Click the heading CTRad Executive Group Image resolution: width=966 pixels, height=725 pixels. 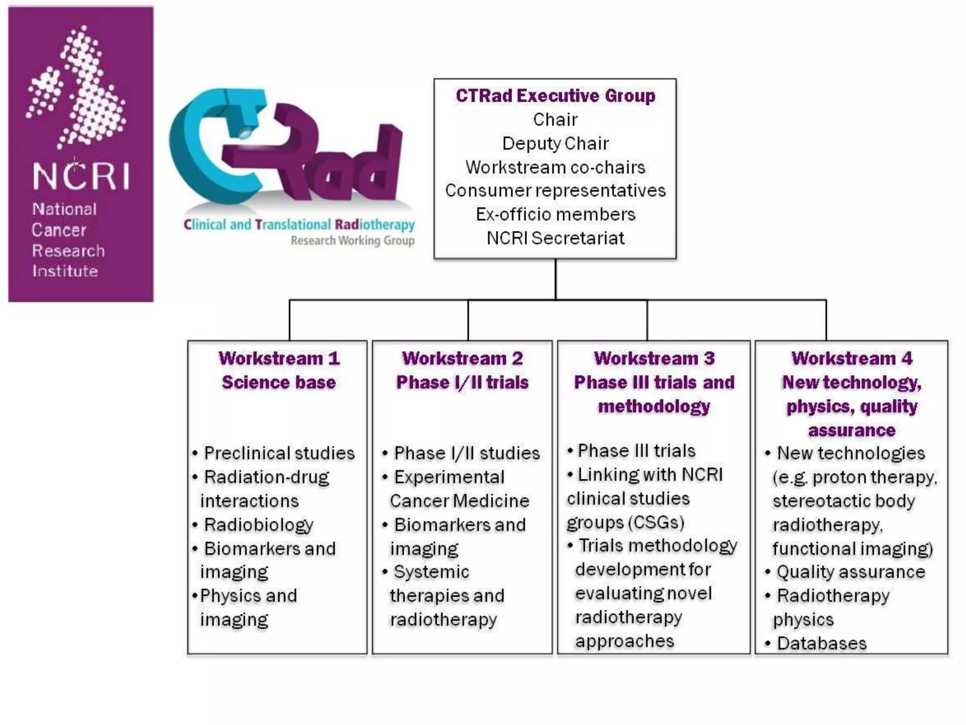[x=555, y=96]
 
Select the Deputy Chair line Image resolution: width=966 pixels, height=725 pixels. [x=555, y=143]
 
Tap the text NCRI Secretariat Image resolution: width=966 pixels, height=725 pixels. [x=555, y=238]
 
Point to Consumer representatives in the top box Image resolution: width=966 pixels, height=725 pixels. [x=555, y=191]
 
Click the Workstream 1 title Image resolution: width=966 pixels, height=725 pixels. [x=279, y=358]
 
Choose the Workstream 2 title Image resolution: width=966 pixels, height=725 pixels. [x=462, y=358]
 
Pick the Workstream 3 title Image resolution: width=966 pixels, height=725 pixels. [x=654, y=358]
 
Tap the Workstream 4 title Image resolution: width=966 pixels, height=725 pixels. [x=851, y=358]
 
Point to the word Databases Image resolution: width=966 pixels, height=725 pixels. [x=822, y=644]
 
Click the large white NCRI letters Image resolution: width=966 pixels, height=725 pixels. [x=81, y=176]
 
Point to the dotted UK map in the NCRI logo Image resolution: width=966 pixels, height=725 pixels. [x=77, y=87]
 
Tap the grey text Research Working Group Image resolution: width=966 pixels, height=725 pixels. [x=352, y=241]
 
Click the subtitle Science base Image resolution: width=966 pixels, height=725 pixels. [x=279, y=382]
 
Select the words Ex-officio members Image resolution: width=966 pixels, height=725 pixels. [x=555, y=215]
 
